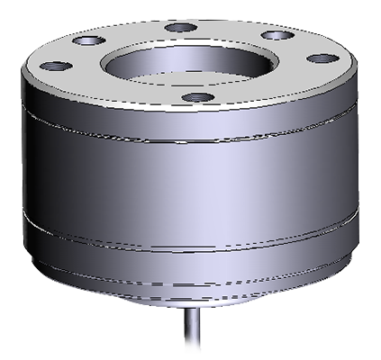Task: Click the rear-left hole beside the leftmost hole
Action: tap(87, 40)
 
